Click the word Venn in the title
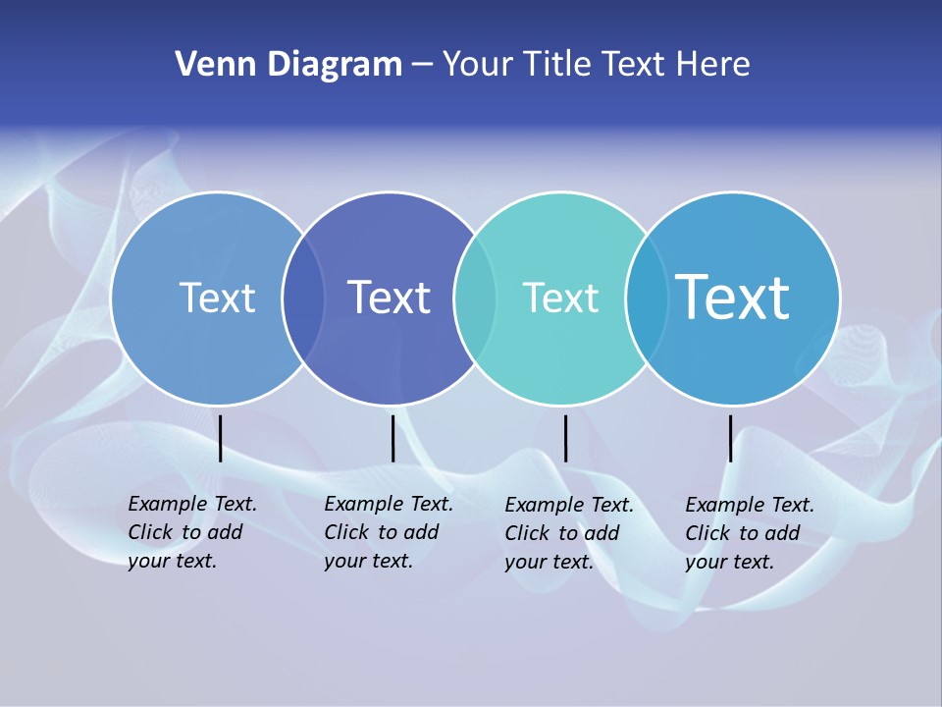coord(208,65)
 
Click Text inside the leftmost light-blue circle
coord(217,298)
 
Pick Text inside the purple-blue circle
coord(389,298)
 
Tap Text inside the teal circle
coord(560,298)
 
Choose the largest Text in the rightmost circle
coord(733,297)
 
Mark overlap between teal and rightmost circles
coord(646,298)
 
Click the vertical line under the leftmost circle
coord(221,438)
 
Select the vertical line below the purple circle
coord(392,438)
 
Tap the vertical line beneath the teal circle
coord(565,438)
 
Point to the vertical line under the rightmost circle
coord(730,438)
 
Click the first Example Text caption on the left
coord(191,532)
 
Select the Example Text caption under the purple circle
coord(388,532)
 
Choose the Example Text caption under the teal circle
coord(568,533)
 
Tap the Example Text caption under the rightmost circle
coord(749,533)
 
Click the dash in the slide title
coord(422,66)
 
